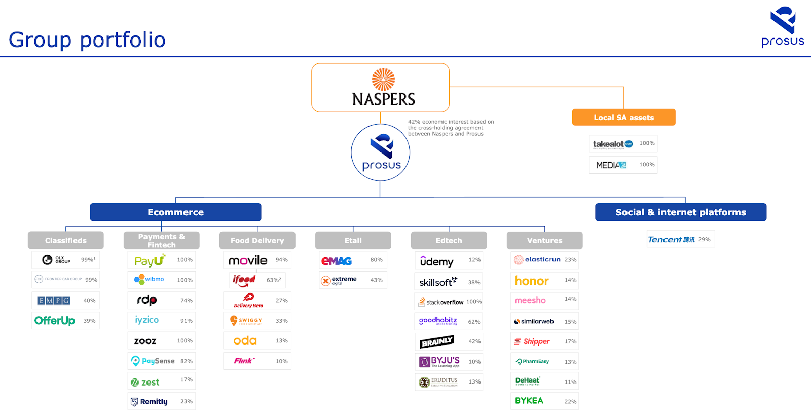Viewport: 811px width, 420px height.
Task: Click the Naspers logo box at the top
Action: (x=380, y=88)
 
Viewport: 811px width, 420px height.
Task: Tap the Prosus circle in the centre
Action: (x=381, y=152)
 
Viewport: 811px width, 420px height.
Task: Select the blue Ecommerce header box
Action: (x=175, y=212)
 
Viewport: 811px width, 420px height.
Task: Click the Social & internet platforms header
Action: (x=680, y=212)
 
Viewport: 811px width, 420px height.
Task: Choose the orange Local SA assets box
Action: (x=623, y=118)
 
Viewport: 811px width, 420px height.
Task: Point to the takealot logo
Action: (x=613, y=144)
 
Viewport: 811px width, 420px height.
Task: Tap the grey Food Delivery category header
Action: (x=257, y=241)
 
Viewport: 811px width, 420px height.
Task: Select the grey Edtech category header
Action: (x=449, y=241)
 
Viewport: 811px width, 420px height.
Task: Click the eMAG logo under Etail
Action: (x=337, y=261)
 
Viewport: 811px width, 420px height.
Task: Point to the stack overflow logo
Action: (x=440, y=302)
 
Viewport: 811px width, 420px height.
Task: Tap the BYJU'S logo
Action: (x=440, y=362)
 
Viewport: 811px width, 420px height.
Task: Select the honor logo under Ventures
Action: (x=532, y=281)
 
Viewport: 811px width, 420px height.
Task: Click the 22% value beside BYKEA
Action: (x=570, y=402)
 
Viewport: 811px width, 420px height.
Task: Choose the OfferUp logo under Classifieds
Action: (x=55, y=321)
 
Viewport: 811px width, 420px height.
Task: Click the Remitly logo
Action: (x=149, y=402)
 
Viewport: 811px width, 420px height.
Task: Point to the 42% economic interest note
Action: (x=451, y=128)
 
